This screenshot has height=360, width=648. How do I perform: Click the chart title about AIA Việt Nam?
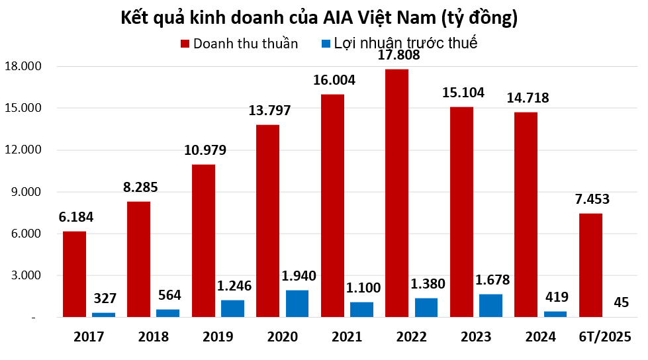tap(318, 19)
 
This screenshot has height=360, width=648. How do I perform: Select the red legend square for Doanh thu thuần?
tap(185, 44)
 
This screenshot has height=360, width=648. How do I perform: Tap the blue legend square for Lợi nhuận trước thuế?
tap(326, 44)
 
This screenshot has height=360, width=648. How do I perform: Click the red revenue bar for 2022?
tap(396, 193)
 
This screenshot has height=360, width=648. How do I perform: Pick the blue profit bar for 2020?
tap(297, 304)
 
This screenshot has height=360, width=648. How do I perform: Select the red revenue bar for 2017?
tap(74, 274)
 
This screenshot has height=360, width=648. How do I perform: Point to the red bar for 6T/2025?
tap(590, 265)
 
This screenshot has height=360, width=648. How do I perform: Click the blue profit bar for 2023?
tap(490, 306)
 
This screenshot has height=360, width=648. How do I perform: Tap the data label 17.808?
tap(398, 56)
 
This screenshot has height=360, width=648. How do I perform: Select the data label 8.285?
tap(140, 187)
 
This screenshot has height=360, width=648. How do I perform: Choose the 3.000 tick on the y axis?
tap(25, 275)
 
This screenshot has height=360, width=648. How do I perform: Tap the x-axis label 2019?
tap(218, 337)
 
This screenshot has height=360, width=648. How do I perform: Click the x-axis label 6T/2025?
tap(605, 337)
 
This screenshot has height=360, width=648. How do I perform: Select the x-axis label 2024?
tap(541, 337)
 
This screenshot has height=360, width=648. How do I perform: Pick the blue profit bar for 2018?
tap(167, 313)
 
